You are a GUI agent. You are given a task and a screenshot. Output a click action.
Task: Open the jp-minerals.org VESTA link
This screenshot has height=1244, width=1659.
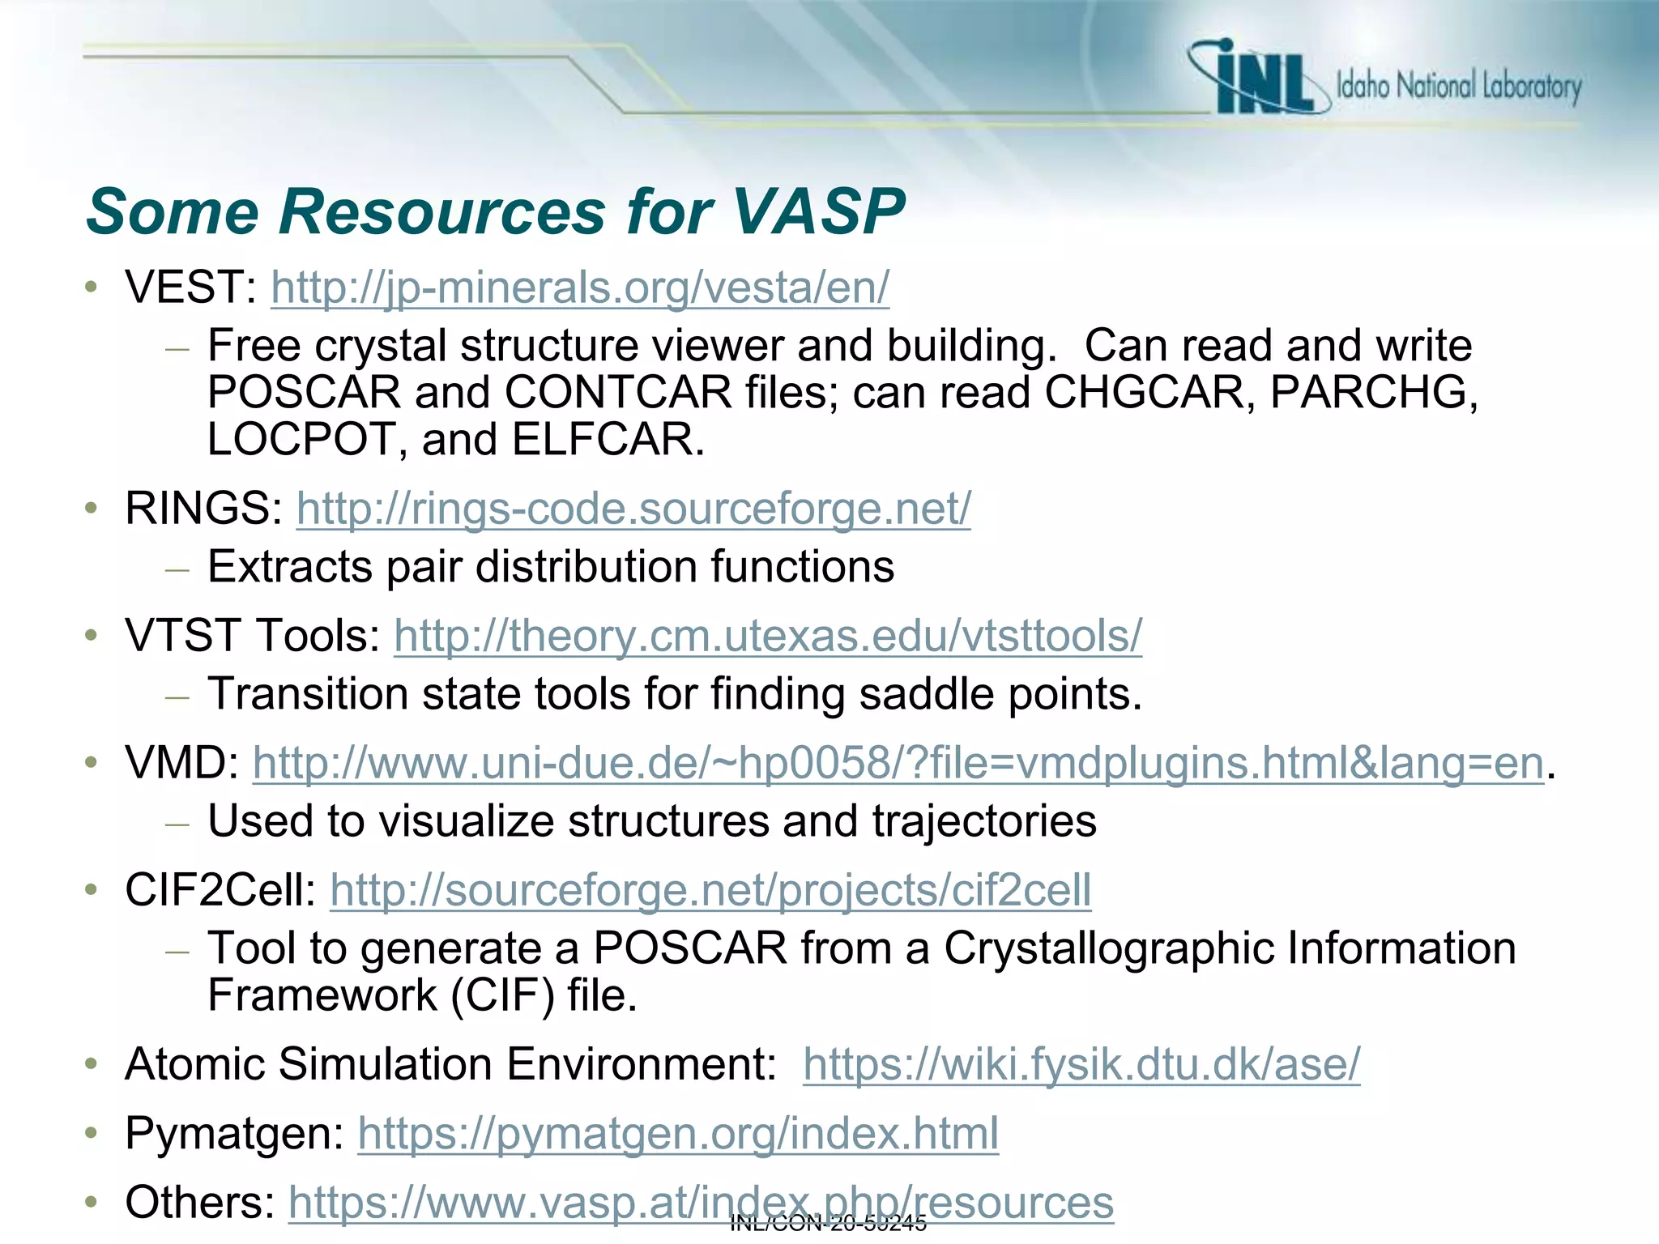(580, 288)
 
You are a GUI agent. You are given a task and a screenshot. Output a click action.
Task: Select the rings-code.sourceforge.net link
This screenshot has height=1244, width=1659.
(633, 509)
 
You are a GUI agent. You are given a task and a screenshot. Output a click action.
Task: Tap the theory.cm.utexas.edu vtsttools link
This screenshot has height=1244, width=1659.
(768, 636)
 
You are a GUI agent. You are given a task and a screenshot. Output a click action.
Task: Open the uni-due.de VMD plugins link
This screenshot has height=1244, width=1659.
(898, 763)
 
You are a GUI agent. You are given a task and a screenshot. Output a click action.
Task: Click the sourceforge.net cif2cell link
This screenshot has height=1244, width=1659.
(710, 890)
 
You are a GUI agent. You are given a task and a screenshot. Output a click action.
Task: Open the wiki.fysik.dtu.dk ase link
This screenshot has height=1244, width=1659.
(1081, 1064)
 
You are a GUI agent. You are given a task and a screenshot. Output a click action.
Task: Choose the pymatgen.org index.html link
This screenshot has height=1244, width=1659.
(678, 1133)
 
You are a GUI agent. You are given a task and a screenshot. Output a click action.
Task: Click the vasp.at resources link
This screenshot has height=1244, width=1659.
(701, 1203)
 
